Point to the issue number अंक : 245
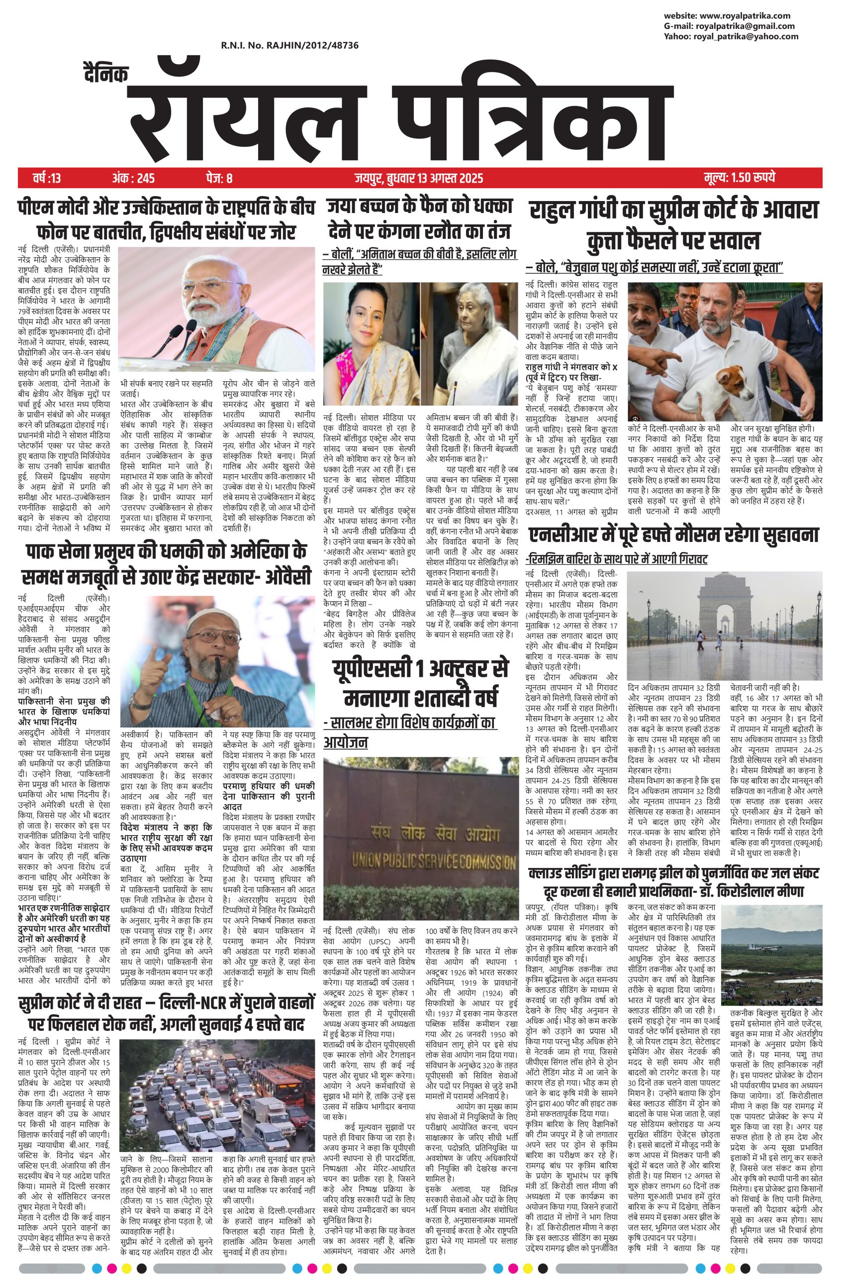[x=133, y=178]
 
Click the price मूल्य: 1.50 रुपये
[x=740, y=178]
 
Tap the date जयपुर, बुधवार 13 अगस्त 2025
[x=419, y=178]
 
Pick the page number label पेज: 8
[x=219, y=178]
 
